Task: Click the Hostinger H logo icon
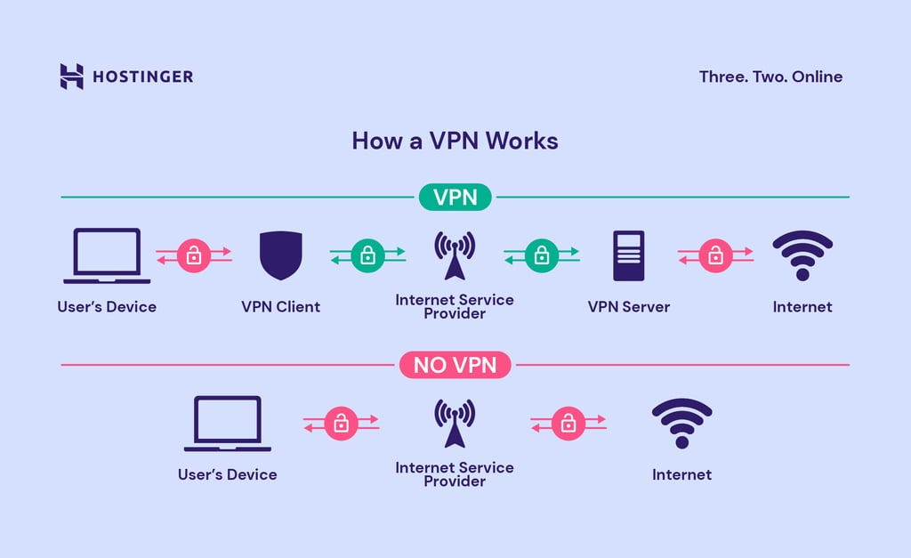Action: pyautogui.click(x=71, y=77)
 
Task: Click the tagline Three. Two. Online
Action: pyautogui.click(x=770, y=77)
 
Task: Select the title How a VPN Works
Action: pyautogui.click(x=455, y=141)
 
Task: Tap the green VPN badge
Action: pyautogui.click(x=455, y=197)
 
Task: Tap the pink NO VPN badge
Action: pyautogui.click(x=455, y=364)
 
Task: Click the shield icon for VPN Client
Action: pyautogui.click(x=280, y=255)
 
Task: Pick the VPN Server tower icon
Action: pyautogui.click(x=628, y=255)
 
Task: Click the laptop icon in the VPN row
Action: pyautogui.click(x=107, y=255)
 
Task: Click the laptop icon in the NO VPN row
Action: pyautogui.click(x=228, y=424)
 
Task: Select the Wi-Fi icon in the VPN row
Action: pyautogui.click(x=802, y=255)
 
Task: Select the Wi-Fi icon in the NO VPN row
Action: pyautogui.click(x=681, y=424)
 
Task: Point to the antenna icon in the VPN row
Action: pyautogui.click(x=455, y=255)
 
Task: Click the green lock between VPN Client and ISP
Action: pyautogui.click(x=367, y=256)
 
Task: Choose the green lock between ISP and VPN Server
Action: pyautogui.click(x=541, y=256)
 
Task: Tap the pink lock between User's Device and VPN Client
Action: pyautogui.click(x=194, y=256)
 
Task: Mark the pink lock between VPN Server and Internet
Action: pyautogui.click(x=715, y=256)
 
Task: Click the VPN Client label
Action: pyautogui.click(x=280, y=307)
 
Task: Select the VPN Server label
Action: pyautogui.click(x=628, y=307)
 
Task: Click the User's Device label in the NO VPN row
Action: pyautogui.click(x=228, y=474)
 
